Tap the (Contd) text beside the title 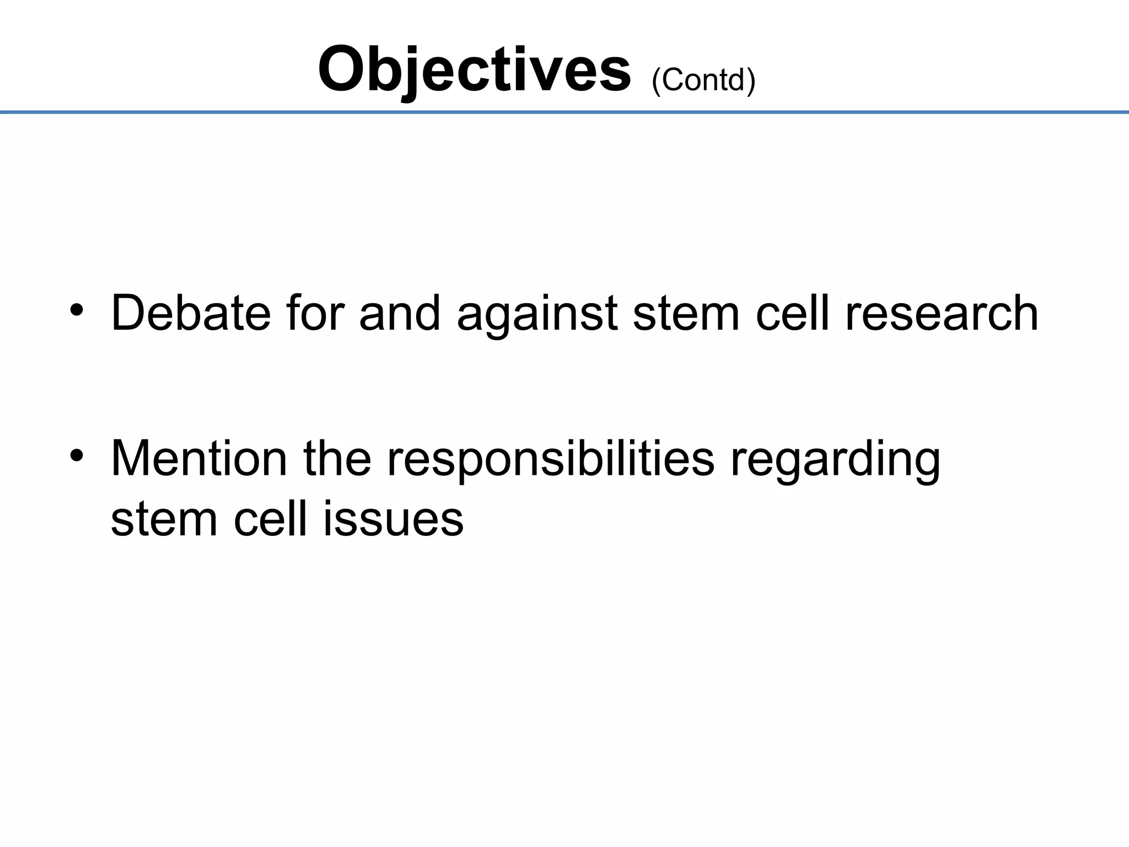(703, 81)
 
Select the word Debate (191, 313)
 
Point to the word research (942, 313)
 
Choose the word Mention (199, 459)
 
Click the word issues (393, 519)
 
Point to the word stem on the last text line (164, 519)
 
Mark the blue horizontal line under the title (564, 112)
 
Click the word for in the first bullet (315, 313)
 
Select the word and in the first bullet (400, 313)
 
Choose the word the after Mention (337, 459)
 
